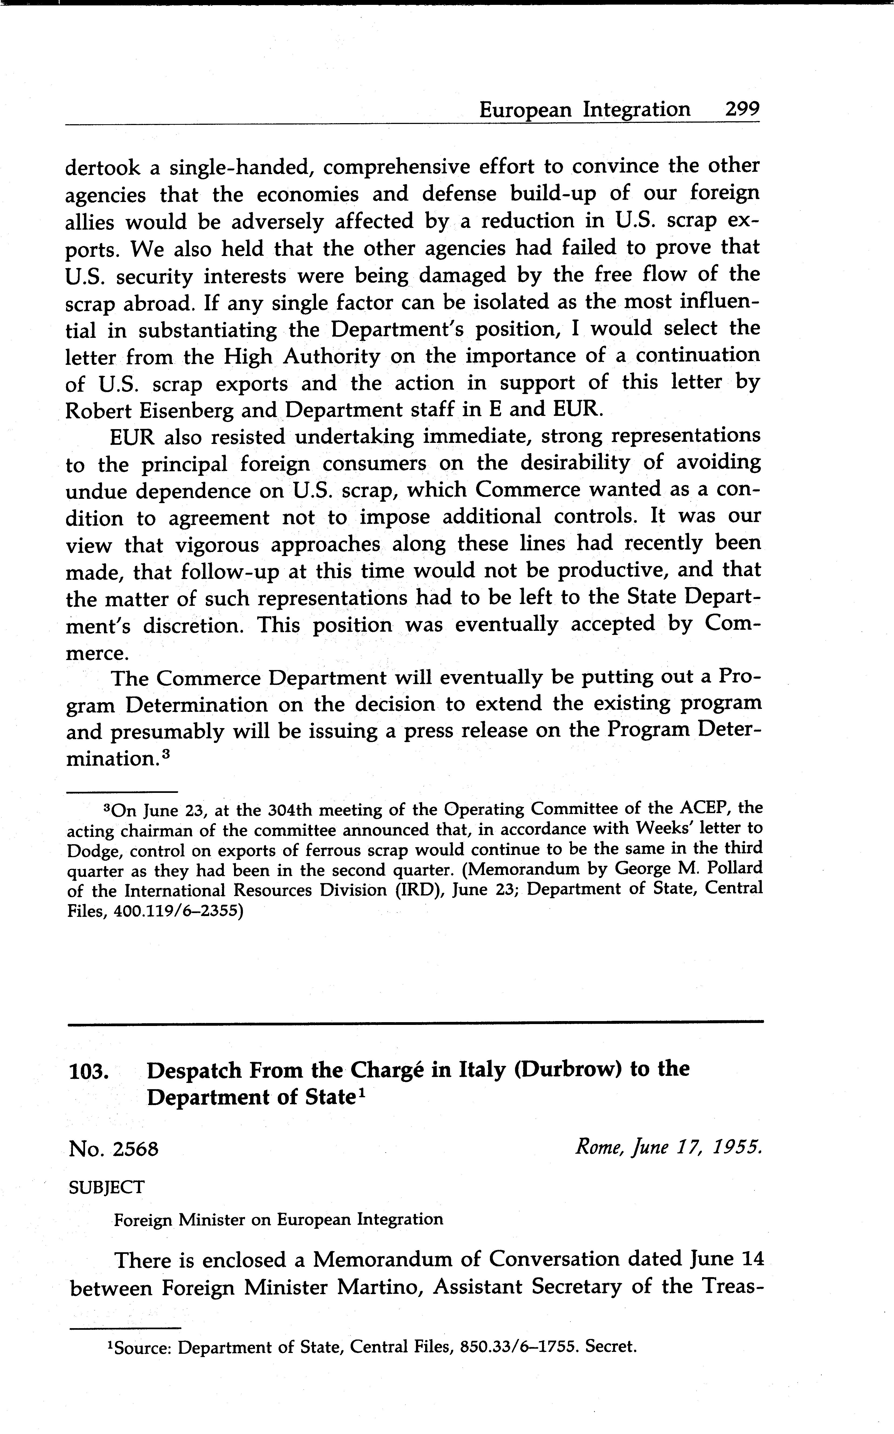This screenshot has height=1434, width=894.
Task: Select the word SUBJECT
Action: tap(106, 1187)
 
